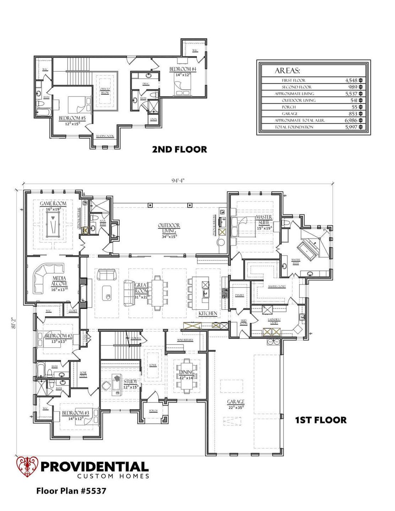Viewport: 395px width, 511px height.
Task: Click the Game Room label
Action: [53, 204]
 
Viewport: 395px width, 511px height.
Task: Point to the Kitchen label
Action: [208, 313]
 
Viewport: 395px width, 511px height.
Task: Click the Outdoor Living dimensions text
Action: [169, 236]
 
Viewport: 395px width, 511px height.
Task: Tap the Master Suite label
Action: [264, 219]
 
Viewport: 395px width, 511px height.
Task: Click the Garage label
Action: [236, 402]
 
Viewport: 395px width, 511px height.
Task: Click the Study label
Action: [130, 381]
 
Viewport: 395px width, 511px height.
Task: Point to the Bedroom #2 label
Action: [59, 336]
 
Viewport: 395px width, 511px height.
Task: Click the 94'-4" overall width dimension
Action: [178, 180]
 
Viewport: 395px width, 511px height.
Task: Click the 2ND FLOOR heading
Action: [179, 149]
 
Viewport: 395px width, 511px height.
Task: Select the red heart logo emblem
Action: [27, 467]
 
